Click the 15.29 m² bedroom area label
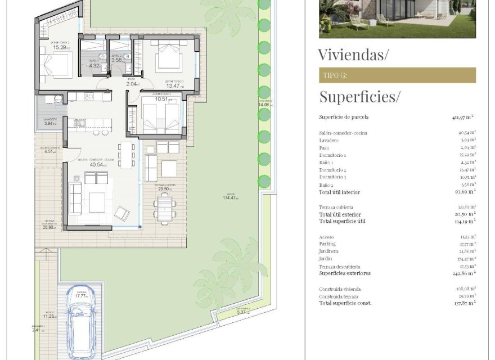(x=60, y=48)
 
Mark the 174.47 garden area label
(x=230, y=198)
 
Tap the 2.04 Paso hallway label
(x=133, y=85)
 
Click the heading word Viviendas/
(x=353, y=55)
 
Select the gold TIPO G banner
(x=397, y=75)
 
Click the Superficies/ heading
(x=359, y=96)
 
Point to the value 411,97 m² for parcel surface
(x=463, y=118)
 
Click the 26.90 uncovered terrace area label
(x=50, y=228)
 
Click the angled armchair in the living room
(x=121, y=213)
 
